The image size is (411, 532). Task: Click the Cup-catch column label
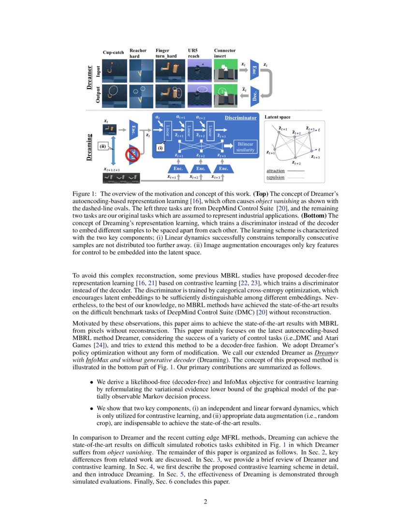[113, 52]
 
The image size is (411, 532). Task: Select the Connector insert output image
[224, 95]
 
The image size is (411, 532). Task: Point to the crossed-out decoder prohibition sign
[133, 155]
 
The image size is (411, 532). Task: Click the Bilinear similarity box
[246, 147]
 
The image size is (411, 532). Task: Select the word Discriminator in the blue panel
[240, 118]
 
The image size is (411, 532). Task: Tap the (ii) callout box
[103, 145]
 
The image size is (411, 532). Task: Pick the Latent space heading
[278, 118]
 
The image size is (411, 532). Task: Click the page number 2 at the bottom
[205, 502]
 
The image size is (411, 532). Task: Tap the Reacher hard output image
[141, 95]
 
